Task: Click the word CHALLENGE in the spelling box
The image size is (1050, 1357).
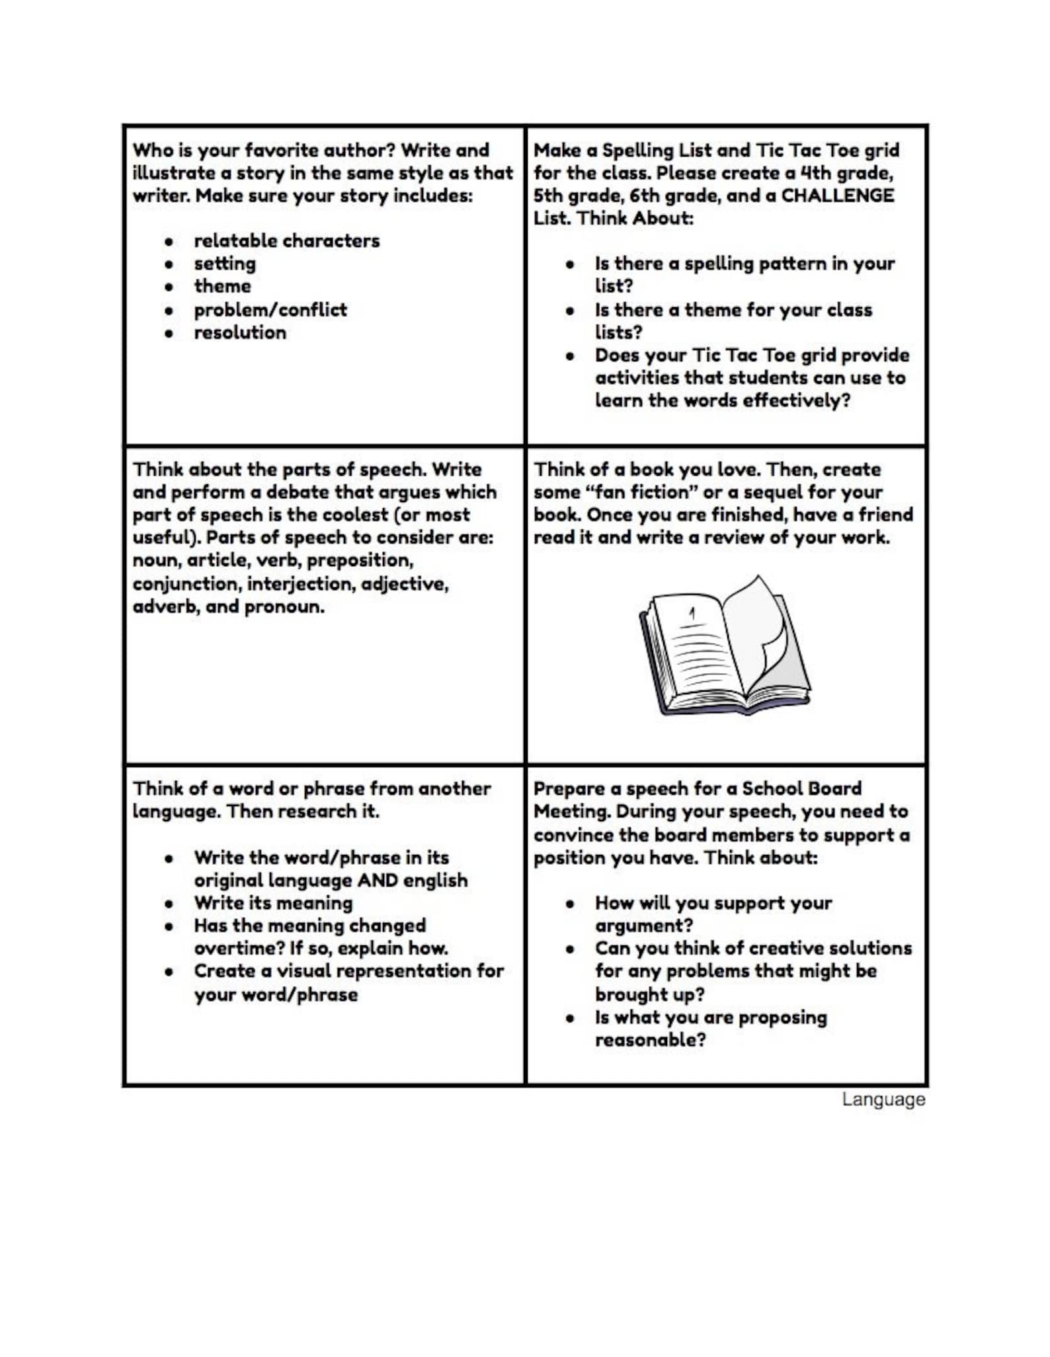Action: [838, 196]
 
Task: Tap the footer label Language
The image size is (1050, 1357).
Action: [883, 1100]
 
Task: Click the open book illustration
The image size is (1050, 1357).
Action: [724, 647]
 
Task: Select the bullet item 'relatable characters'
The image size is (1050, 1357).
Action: [286, 240]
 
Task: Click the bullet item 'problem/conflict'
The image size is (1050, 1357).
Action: [270, 309]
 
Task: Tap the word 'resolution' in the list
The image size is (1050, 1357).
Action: [240, 332]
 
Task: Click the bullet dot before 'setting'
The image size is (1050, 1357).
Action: [169, 264]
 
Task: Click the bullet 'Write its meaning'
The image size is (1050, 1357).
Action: [273, 903]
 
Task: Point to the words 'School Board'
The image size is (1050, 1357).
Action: [801, 788]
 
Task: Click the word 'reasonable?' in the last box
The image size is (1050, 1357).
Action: [650, 1040]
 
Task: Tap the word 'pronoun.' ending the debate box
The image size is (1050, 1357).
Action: [284, 606]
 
